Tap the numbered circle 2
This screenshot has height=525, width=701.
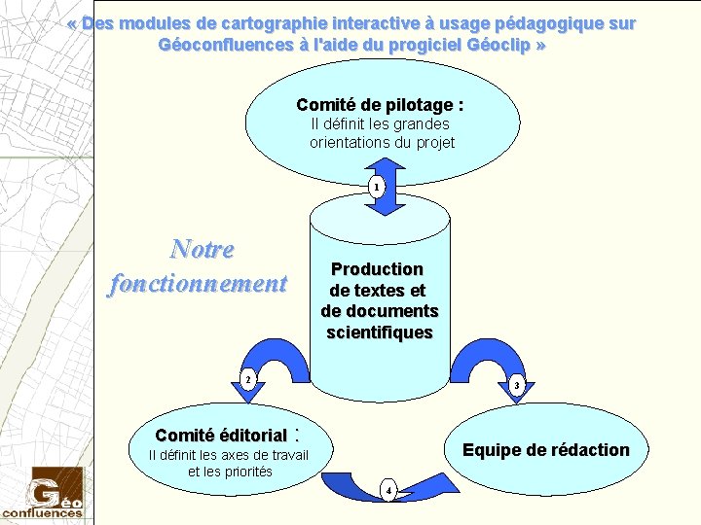point(248,377)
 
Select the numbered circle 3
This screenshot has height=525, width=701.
point(517,386)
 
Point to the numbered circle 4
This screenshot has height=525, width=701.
point(388,489)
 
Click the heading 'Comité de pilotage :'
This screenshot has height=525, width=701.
point(380,104)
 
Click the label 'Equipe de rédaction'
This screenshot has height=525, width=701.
point(545,449)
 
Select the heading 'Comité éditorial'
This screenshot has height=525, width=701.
point(221,436)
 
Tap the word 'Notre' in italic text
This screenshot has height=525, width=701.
point(203,249)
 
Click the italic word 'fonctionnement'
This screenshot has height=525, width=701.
point(199,283)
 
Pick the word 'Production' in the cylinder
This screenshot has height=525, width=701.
point(377,268)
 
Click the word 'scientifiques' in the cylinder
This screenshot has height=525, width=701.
point(380,332)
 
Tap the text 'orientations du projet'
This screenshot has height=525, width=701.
point(382,142)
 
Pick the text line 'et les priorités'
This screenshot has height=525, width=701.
point(230,472)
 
